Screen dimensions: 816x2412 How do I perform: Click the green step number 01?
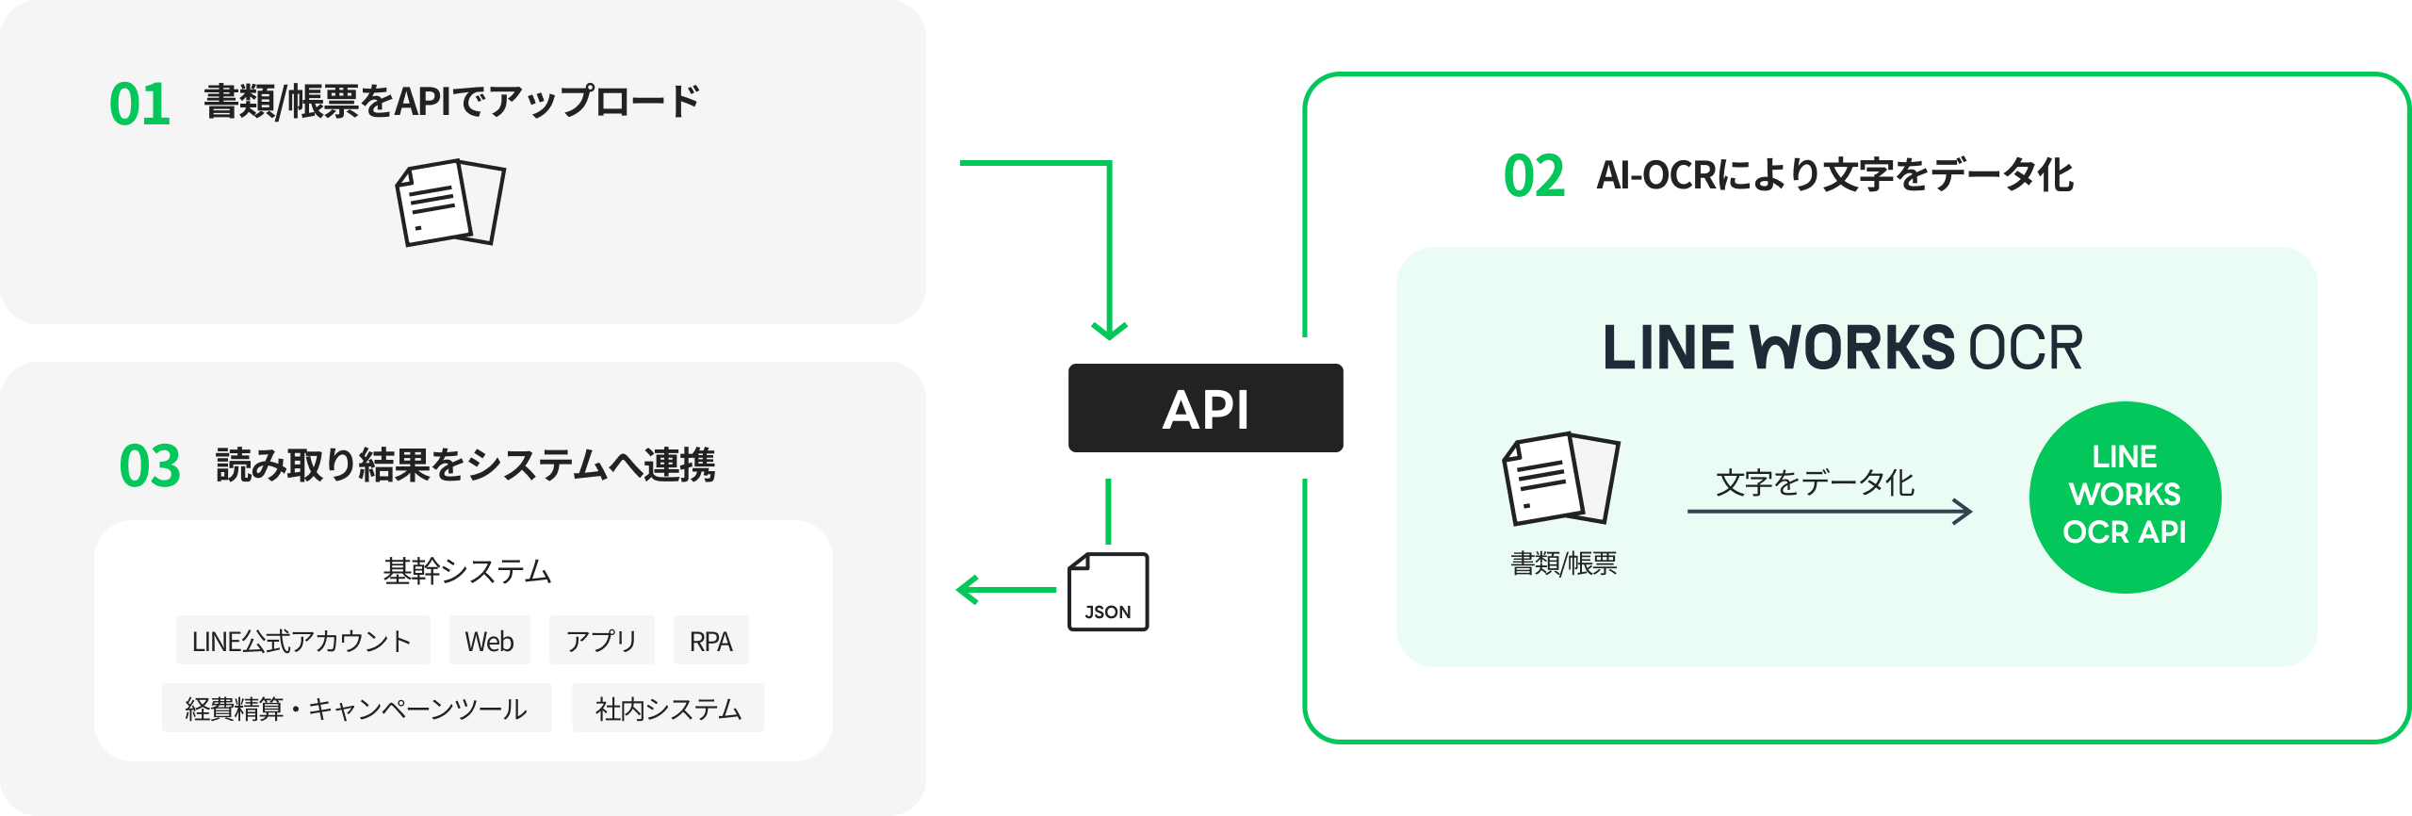pyautogui.click(x=139, y=104)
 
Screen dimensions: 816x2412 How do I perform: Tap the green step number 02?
pyautogui.click(x=1533, y=176)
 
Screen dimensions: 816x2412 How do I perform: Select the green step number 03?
pyautogui.click(x=149, y=465)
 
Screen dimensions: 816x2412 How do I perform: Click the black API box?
pyautogui.click(x=1205, y=409)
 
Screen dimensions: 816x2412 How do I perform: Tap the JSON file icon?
pyautogui.click(x=1109, y=591)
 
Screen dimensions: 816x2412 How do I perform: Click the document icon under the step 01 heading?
pyautogui.click(x=450, y=203)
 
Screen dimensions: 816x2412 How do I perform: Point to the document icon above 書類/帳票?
pyautogui.click(x=1560, y=479)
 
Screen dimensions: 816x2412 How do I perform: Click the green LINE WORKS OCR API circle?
pyautogui.click(x=2125, y=497)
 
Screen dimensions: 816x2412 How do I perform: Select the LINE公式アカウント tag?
pyautogui.click(x=302, y=641)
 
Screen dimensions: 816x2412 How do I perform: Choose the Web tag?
pyautogui.click(x=489, y=641)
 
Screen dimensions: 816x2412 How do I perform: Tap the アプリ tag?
pyautogui.click(x=601, y=641)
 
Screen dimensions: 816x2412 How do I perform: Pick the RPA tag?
pyautogui.click(x=710, y=641)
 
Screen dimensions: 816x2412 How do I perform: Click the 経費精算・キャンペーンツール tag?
pyautogui.click(x=356, y=709)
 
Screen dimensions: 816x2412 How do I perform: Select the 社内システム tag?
pyautogui.click(x=668, y=709)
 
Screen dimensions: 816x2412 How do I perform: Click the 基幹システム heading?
pyautogui.click(x=466, y=571)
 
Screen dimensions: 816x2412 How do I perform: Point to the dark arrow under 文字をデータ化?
pyautogui.click(x=1829, y=512)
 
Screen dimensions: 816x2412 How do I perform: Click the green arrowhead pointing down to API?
pyautogui.click(x=1109, y=330)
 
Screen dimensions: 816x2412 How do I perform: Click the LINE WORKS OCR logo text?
pyautogui.click(x=1842, y=348)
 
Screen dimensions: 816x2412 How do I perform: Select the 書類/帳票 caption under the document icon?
pyautogui.click(x=1563, y=563)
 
